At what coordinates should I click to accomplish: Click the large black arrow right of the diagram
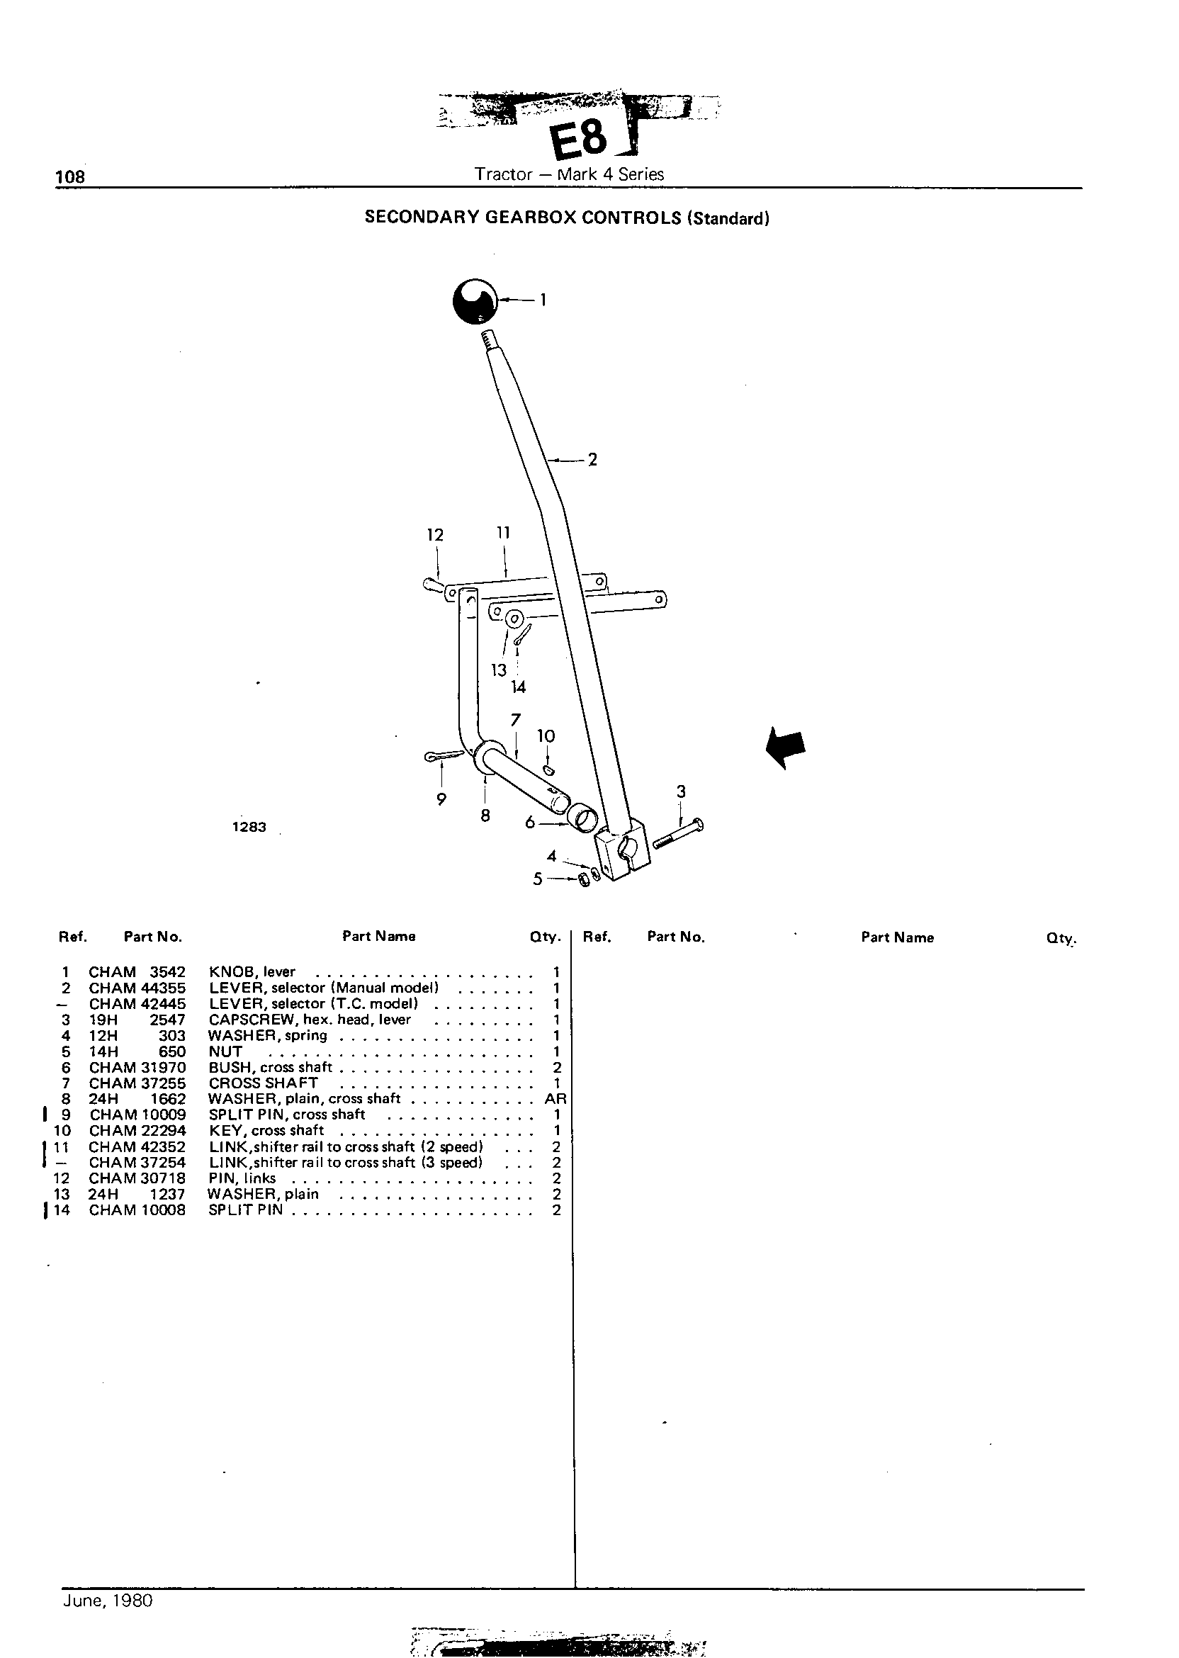point(786,748)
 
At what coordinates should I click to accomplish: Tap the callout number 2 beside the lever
point(592,460)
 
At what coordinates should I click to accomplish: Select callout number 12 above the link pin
point(435,535)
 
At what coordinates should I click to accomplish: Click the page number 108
point(70,176)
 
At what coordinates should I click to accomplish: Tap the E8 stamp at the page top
point(580,140)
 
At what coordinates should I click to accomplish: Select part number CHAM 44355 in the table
point(137,988)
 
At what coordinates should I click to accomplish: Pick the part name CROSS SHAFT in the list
point(263,1083)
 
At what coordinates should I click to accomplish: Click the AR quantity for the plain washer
point(555,1099)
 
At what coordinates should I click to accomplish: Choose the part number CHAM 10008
point(137,1210)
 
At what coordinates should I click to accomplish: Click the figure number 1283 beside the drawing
point(249,827)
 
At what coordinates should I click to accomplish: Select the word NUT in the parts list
point(225,1051)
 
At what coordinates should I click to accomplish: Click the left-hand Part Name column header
point(379,937)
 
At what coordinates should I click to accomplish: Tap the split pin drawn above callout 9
point(444,757)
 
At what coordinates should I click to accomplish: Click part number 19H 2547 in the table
point(137,1020)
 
